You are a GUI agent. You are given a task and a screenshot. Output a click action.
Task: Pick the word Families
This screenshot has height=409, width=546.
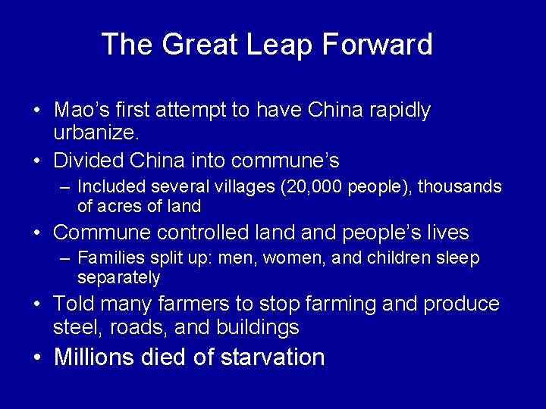coord(108,259)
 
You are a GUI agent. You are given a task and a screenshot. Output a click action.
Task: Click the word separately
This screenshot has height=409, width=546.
coord(118,277)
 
